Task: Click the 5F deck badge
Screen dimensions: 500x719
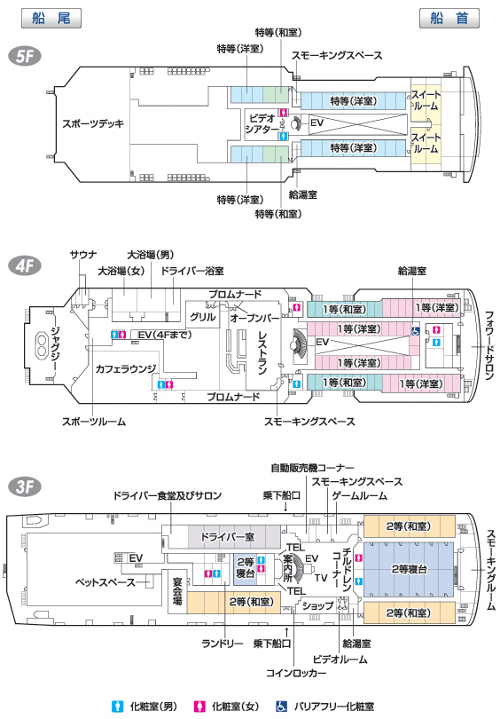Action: click(25, 57)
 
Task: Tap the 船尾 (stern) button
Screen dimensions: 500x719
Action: click(51, 19)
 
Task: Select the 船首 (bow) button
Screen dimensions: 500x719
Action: click(449, 19)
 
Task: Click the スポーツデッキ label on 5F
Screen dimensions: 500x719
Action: click(93, 123)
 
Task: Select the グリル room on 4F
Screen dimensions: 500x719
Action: click(202, 317)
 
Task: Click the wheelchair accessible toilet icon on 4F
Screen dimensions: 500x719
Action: click(415, 330)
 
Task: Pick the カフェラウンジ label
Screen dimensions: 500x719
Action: click(126, 368)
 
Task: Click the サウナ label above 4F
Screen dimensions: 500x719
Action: click(82, 255)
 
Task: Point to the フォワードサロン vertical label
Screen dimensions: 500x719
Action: click(489, 345)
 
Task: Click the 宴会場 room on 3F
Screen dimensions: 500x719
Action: click(177, 591)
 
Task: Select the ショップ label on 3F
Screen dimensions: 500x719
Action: click(317, 605)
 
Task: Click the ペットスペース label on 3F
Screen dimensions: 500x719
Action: click(105, 582)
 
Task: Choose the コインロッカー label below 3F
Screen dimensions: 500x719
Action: click(296, 673)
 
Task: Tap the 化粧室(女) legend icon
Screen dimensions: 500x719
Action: click(199, 707)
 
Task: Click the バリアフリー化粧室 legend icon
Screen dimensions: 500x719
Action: click(281, 707)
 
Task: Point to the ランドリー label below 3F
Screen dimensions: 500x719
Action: click(223, 644)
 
